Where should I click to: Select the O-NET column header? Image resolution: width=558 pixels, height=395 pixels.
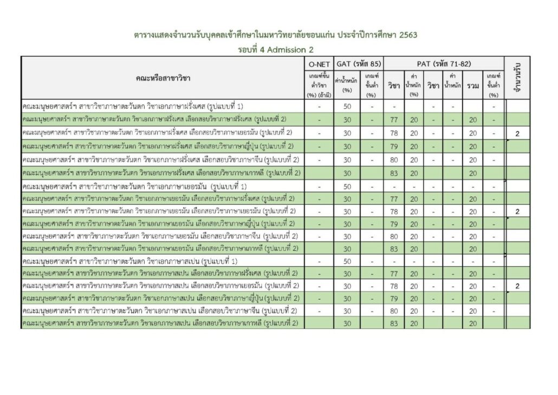(x=319, y=64)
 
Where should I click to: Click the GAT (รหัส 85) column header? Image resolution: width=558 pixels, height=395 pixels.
(x=359, y=64)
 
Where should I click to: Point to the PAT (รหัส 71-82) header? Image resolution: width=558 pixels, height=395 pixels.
(x=443, y=64)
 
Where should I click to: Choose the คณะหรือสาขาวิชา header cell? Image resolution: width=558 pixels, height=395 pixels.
(x=161, y=78)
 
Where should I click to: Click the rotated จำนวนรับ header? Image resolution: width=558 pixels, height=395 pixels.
(x=517, y=78)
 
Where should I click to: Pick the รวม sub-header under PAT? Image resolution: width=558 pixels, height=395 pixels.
(x=473, y=86)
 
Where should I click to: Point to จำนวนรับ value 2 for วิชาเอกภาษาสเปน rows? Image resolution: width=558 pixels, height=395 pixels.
(x=517, y=286)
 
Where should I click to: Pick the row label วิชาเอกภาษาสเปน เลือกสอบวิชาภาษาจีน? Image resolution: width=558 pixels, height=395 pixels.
(x=161, y=311)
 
